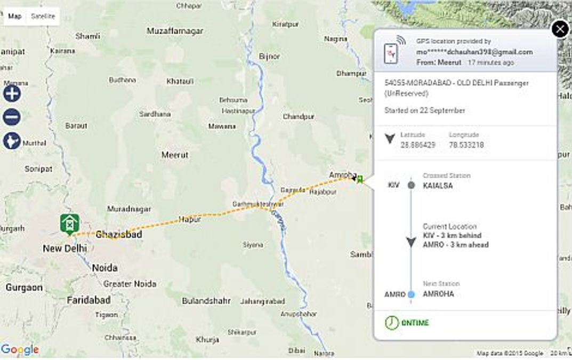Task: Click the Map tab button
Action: (x=15, y=16)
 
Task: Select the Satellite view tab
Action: (x=43, y=16)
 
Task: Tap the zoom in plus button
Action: (x=12, y=93)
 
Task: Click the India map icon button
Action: (x=12, y=141)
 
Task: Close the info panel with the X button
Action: (x=560, y=29)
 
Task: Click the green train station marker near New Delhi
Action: (x=70, y=224)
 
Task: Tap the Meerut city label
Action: (x=175, y=155)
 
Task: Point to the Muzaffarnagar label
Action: (x=175, y=31)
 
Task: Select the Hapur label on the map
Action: (x=190, y=219)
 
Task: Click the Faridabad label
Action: (x=88, y=300)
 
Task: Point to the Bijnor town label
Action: (x=269, y=56)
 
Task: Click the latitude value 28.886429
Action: (x=417, y=145)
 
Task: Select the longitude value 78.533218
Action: (x=466, y=145)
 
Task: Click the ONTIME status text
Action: (x=415, y=323)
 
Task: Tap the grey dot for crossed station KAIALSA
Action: (x=411, y=185)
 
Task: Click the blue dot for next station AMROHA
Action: (x=411, y=294)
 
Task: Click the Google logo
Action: (x=20, y=350)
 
